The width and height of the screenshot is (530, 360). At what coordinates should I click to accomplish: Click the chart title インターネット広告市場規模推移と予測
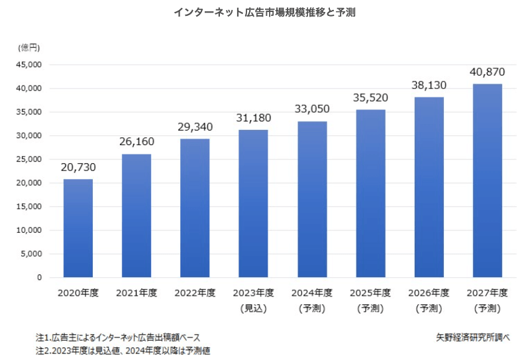pyautogui.click(x=264, y=13)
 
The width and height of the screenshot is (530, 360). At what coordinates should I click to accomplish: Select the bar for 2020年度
pyautogui.click(x=78, y=228)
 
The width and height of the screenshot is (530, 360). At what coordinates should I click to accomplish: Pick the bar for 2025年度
pyautogui.click(x=370, y=193)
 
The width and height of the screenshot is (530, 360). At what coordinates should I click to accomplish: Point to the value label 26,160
pyautogui.click(x=136, y=142)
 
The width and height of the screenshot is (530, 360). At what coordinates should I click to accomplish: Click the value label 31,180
pyautogui.click(x=254, y=118)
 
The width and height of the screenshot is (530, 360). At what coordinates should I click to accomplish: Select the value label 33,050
pyautogui.click(x=312, y=109)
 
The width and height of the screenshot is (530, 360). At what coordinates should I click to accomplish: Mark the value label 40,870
pyautogui.click(x=488, y=72)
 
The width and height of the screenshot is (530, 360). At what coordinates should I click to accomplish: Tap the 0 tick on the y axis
pyautogui.click(x=40, y=278)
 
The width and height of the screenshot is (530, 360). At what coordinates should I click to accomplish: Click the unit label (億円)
pyautogui.click(x=29, y=47)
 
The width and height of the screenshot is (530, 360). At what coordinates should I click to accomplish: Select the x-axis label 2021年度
pyautogui.click(x=136, y=293)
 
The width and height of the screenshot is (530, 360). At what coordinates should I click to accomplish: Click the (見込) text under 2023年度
pyautogui.click(x=254, y=308)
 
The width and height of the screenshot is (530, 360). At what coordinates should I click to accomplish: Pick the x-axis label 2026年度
pyautogui.click(x=429, y=293)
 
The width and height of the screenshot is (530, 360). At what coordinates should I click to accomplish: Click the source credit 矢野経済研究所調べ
pyautogui.click(x=469, y=337)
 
